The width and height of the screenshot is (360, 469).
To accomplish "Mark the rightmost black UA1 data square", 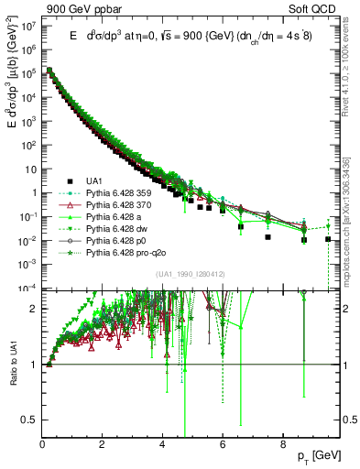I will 329,239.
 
